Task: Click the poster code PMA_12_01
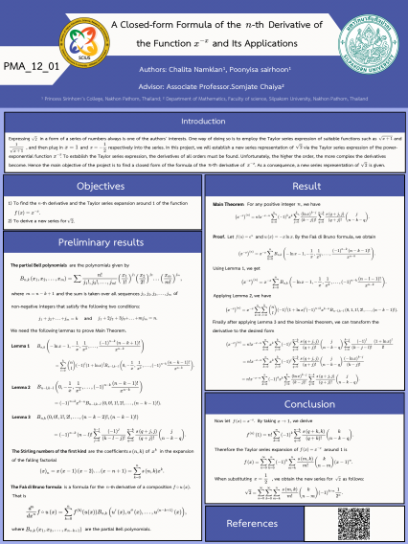pos(32,66)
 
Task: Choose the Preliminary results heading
pos(100,243)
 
